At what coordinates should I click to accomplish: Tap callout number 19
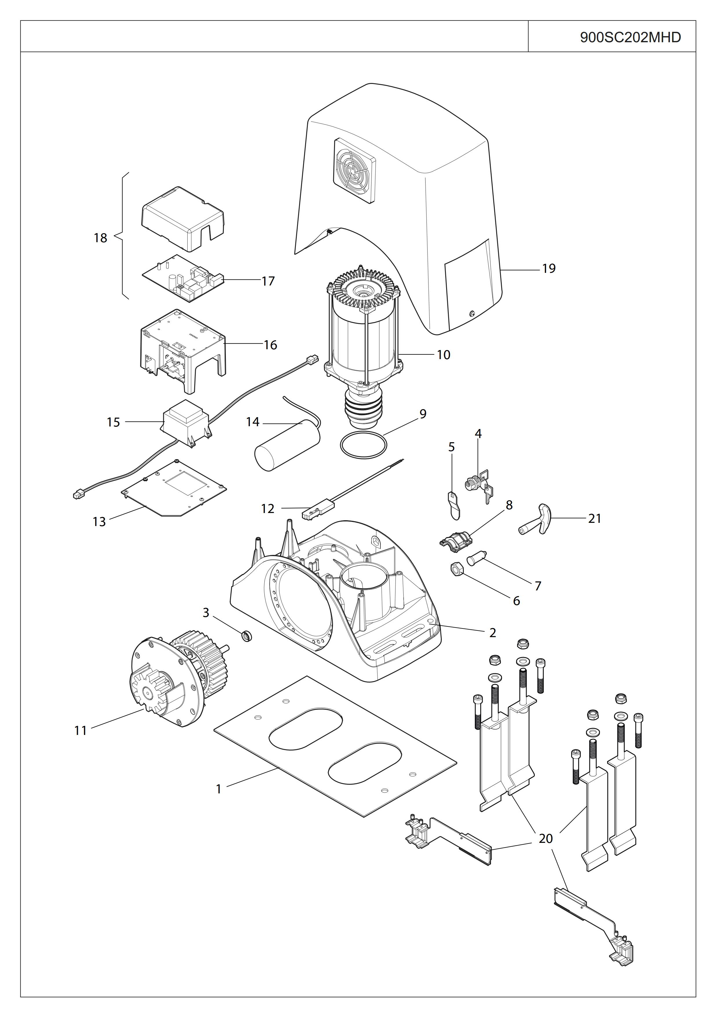[x=549, y=268]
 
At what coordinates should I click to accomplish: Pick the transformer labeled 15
[x=185, y=423]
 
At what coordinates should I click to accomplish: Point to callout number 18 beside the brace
[x=100, y=238]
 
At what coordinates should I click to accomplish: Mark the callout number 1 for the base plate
[x=219, y=789]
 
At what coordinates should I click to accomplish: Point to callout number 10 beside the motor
[x=443, y=354]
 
